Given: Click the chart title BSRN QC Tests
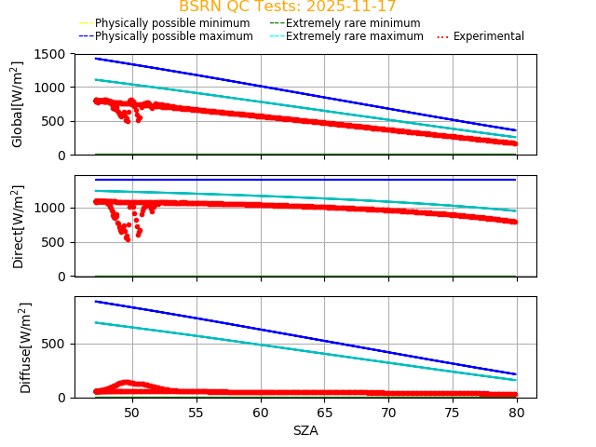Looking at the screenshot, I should [287, 7].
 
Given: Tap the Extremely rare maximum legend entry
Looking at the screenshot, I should [355, 36].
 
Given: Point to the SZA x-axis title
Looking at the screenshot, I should [305, 430].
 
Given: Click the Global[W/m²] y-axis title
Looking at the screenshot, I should [18, 104].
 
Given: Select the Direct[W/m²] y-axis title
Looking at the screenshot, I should [18, 226].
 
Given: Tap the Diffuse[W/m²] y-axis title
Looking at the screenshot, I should [26, 347].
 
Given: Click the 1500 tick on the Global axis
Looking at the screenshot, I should [50, 54].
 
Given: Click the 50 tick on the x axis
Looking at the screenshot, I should [131, 413].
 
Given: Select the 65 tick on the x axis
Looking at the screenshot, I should [325, 413].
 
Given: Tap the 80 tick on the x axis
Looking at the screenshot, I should [517, 413].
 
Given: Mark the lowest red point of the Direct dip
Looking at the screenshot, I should [128, 239].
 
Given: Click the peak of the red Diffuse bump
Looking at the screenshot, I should [127, 382].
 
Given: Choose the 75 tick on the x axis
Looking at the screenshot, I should [453, 413].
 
